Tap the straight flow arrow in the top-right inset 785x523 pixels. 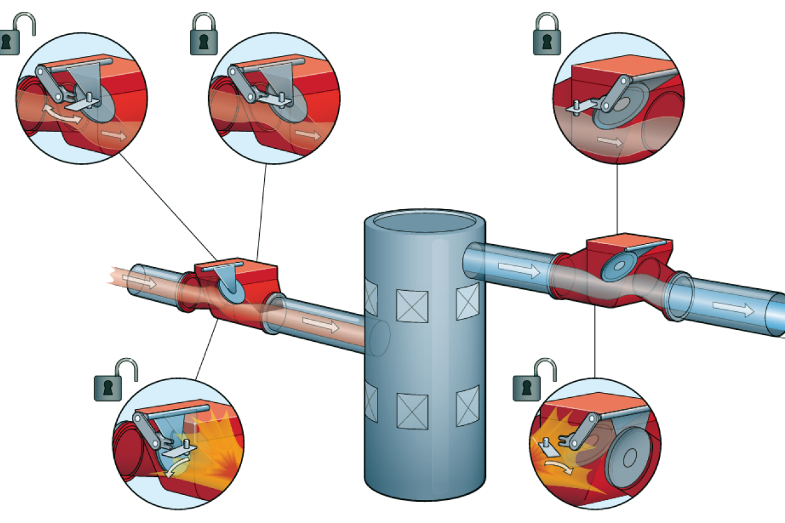[609, 141]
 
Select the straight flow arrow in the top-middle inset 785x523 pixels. [307, 134]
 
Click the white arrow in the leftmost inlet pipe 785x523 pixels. [141, 281]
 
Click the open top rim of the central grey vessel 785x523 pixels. [424, 221]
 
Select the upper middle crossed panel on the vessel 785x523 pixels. [412, 306]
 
